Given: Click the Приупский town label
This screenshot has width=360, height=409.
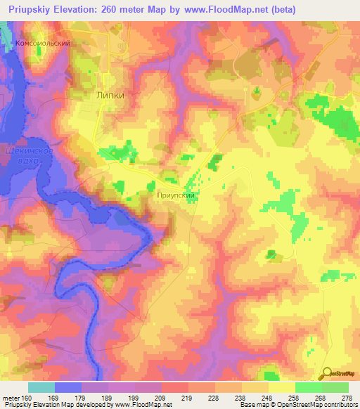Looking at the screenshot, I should (x=176, y=197).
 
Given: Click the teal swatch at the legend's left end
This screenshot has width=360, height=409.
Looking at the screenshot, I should (x=41, y=387).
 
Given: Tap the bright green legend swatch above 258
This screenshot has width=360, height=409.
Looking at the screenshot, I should (x=308, y=387).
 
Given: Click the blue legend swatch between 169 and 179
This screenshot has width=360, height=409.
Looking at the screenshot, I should (x=68, y=387).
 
